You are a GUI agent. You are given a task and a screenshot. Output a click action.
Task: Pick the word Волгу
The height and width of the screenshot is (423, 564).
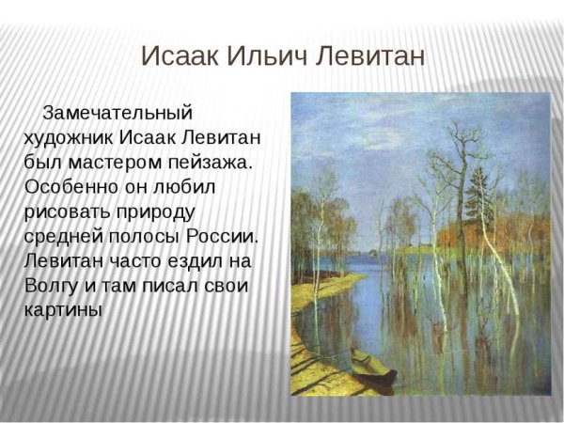coord(55,284)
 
